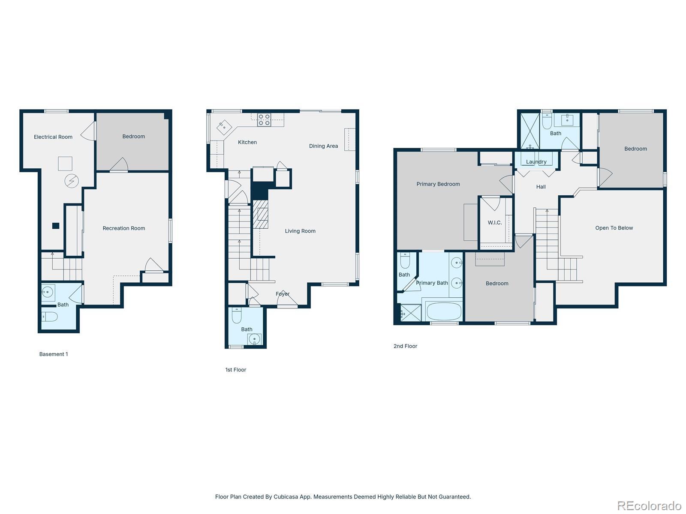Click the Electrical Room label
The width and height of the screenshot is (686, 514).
tap(53, 137)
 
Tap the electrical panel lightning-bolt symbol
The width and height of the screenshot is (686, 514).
tap(72, 181)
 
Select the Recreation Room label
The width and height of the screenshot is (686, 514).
tap(124, 228)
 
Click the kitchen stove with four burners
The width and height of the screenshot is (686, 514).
tap(264, 120)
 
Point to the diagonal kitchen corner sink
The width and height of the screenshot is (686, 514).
tap(224, 127)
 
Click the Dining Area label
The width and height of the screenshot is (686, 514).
tap(323, 146)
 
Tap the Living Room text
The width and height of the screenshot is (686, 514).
tap(300, 231)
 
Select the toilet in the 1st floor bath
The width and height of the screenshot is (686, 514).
tap(237, 315)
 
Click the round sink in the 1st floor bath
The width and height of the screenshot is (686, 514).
tap(254, 339)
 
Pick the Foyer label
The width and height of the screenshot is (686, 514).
tap(283, 294)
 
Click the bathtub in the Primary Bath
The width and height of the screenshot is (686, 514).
tap(444, 311)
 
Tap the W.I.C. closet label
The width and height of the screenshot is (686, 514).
tap(495, 223)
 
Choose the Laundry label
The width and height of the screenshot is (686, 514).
tap(536, 162)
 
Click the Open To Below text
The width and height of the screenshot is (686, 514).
tap(614, 228)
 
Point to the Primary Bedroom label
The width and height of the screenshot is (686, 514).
tap(438, 184)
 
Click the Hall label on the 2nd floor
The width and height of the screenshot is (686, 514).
tap(541, 187)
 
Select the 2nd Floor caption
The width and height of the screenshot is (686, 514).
tap(405, 346)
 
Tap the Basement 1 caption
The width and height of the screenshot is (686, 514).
tap(54, 354)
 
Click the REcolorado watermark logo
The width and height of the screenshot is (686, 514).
tap(650, 505)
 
